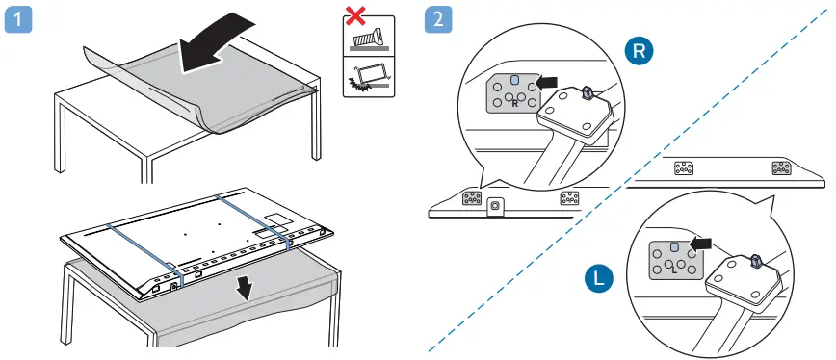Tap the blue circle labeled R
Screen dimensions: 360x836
coord(638,53)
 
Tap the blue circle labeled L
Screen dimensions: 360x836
coord(599,279)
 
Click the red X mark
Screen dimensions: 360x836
coord(356,16)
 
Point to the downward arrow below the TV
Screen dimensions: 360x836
coord(248,286)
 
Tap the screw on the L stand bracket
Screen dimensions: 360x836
coord(754,261)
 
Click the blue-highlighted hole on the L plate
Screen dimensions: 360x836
coord(674,246)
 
